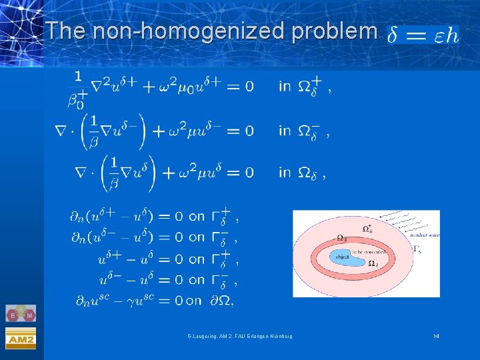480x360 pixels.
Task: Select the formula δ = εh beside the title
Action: pyautogui.click(x=423, y=35)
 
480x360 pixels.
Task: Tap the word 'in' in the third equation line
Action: pyautogui.click(x=285, y=173)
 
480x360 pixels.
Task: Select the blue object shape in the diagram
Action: pyautogui.click(x=344, y=257)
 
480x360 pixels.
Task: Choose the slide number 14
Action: pyautogui.click(x=436, y=335)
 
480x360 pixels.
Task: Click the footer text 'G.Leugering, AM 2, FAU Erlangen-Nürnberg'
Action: pyautogui.click(x=239, y=335)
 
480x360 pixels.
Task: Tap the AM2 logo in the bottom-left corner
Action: pyautogui.click(x=20, y=339)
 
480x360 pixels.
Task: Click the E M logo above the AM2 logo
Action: pyautogui.click(x=20, y=314)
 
